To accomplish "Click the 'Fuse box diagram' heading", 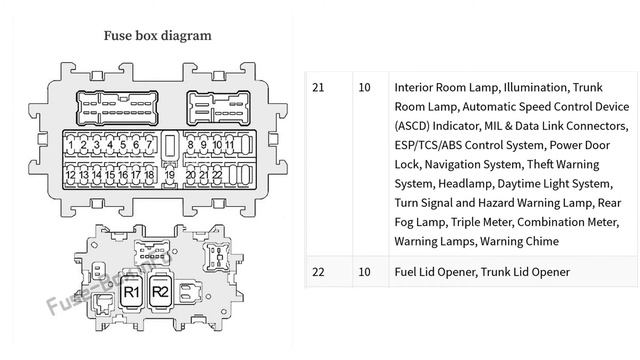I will (157, 35).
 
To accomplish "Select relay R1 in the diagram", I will (131, 292).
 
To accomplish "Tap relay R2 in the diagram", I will (160, 292).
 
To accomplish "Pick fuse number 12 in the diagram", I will (70, 175).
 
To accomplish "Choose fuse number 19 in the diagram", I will (170, 175).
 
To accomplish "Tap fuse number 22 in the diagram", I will (216, 175).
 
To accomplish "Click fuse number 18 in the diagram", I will (149, 175).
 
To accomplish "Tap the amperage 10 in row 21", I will (364, 87).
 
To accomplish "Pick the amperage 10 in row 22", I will (364, 272).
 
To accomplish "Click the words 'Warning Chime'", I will (519, 241).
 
